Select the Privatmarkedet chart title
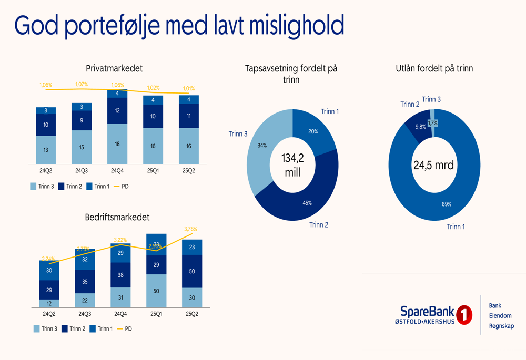(x=114, y=68)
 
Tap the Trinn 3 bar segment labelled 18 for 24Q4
(x=117, y=144)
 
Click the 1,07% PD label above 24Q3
(x=82, y=84)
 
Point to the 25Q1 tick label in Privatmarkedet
(x=153, y=171)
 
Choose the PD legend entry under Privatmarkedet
(x=122, y=186)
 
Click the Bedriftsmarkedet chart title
(x=117, y=217)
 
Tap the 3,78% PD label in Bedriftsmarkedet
(x=190, y=229)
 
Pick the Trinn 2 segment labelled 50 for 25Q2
(x=192, y=271)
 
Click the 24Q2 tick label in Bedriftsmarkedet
(x=49, y=314)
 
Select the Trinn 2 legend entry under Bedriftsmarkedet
(x=73, y=328)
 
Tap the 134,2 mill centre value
(x=292, y=165)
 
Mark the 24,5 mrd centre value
(x=433, y=166)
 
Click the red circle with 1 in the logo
(x=464, y=315)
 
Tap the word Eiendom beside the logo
(x=500, y=316)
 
